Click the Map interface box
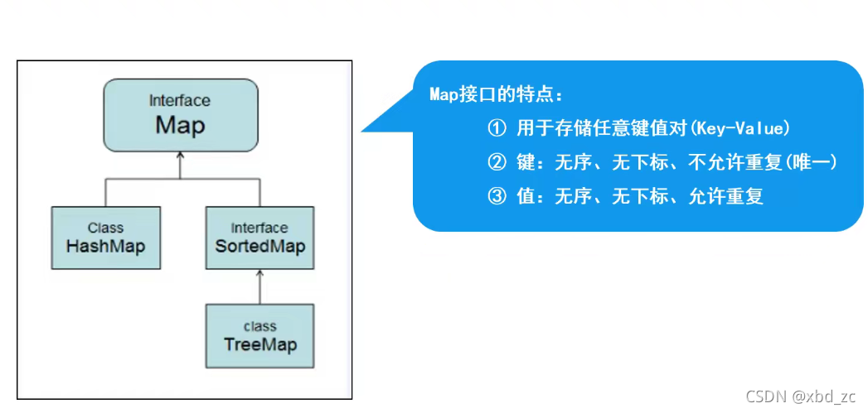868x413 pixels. tap(180, 115)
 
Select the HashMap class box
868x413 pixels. tap(105, 238)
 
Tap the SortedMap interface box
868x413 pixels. tap(259, 238)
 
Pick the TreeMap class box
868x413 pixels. tap(259, 336)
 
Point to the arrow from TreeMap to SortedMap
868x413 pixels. tap(259, 286)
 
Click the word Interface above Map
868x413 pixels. tap(180, 101)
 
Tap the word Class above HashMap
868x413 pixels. tap(105, 228)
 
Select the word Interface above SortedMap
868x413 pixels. tap(259, 228)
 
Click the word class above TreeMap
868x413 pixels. tap(259, 326)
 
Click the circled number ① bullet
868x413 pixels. tap(496, 128)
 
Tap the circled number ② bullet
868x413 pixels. tap(496, 162)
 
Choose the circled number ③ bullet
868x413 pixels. tap(496, 197)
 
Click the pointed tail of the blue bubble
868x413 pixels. tap(369, 127)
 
